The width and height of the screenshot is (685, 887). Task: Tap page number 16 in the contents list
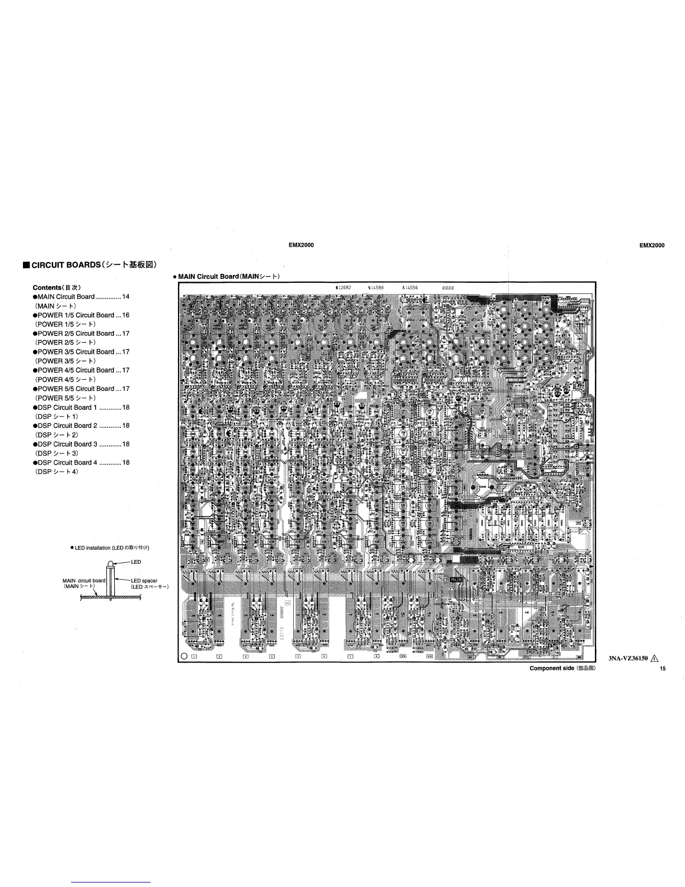(126, 315)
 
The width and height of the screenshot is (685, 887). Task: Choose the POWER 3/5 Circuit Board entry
(76, 352)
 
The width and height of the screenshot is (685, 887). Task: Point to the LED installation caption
(110, 547)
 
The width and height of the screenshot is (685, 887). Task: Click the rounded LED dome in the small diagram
(111, 563)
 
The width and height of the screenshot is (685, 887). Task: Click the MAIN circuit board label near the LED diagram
(84, 581)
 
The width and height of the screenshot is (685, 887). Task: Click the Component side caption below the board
(552, 669)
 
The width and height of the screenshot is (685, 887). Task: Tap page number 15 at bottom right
(662, 669)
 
